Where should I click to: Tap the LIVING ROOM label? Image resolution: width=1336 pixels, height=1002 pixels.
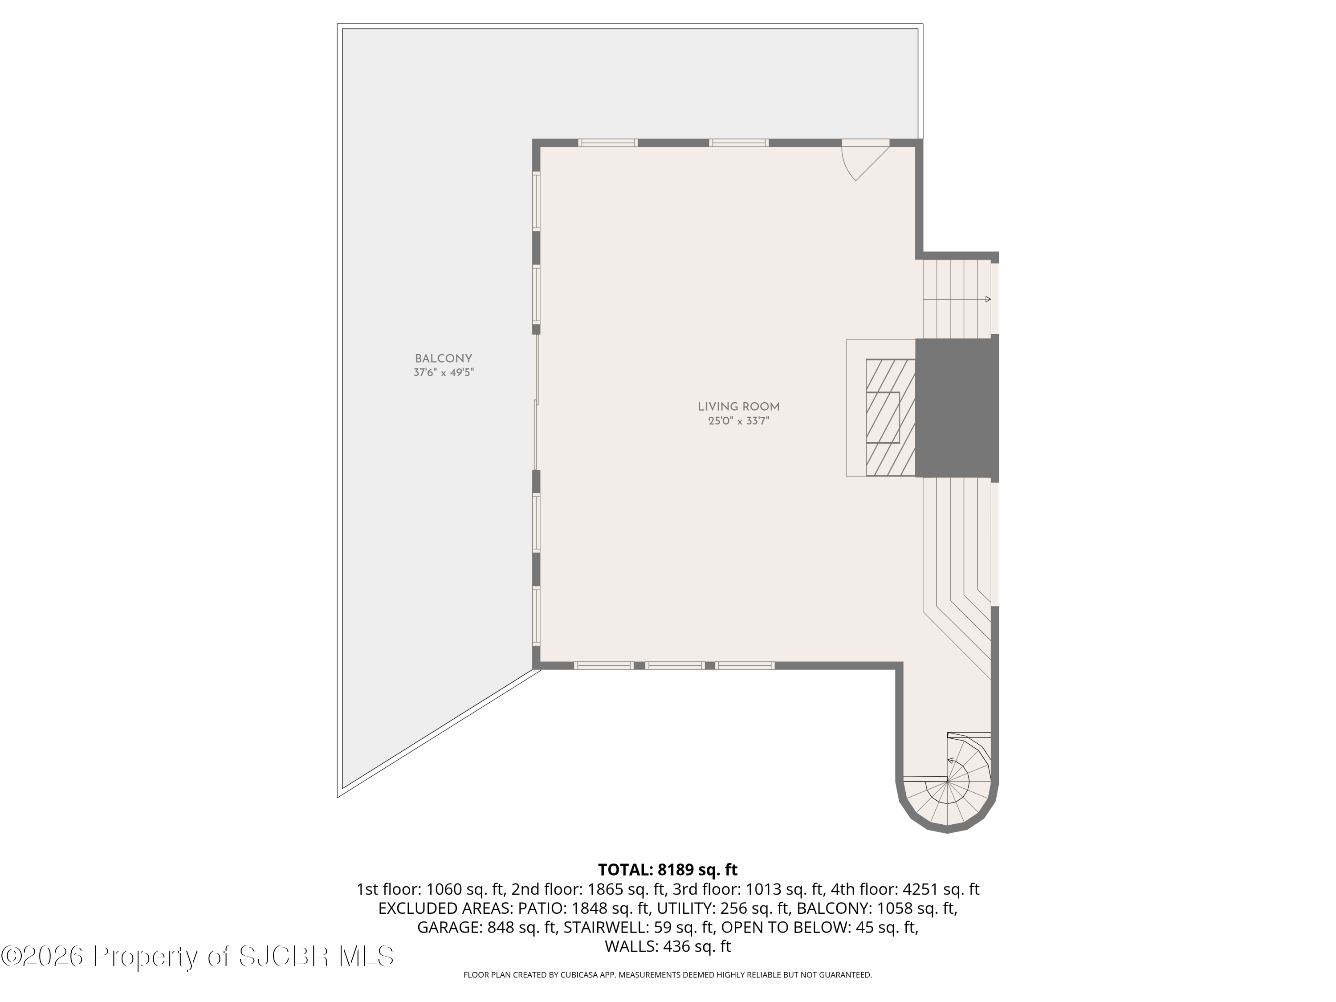point(739,407)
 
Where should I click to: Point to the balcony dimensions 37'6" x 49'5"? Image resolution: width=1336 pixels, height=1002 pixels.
point(443,373)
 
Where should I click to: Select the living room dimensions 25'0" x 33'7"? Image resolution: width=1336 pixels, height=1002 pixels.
point(739,421)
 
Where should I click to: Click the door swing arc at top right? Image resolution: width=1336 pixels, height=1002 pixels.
point(847,166)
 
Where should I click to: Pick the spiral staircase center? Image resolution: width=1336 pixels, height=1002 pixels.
point(948,781)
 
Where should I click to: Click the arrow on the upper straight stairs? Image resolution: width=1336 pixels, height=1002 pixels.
point(957,299)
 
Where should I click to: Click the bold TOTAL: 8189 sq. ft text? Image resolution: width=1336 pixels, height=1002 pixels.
point(668,870)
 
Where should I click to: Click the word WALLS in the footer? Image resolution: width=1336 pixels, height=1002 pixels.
point(631,946)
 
